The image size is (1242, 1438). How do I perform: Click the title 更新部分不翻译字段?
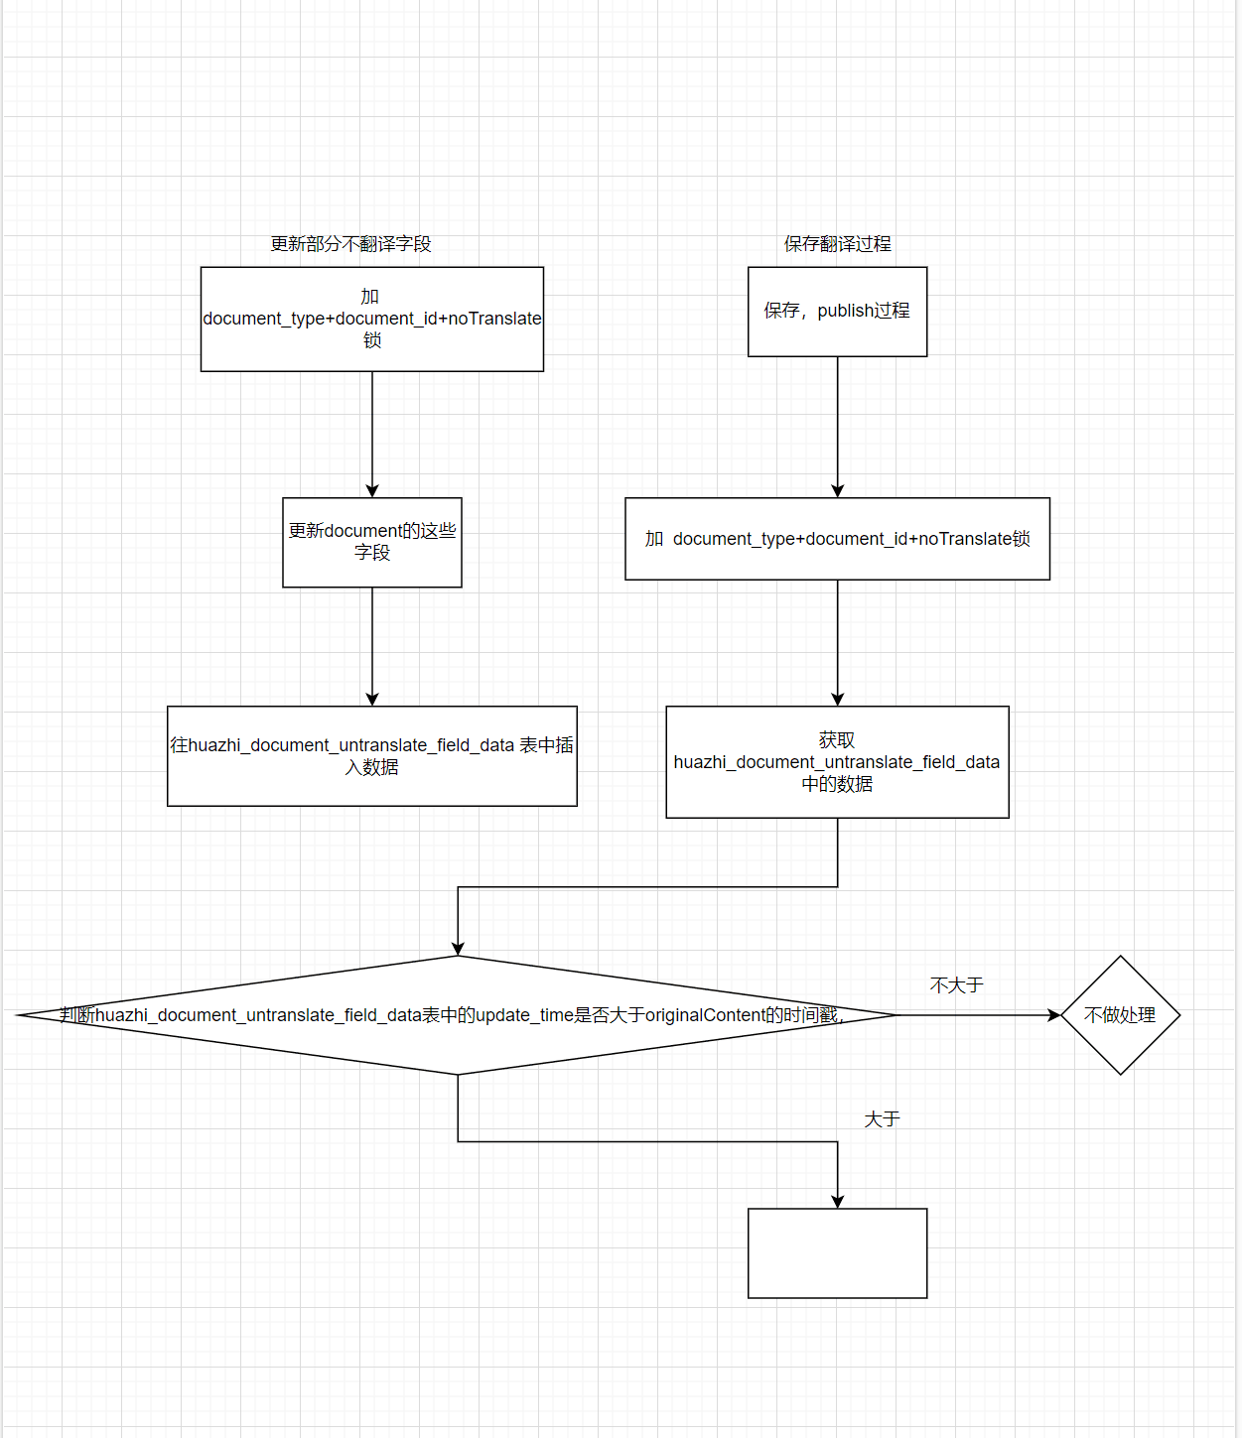click(x=350, y=244)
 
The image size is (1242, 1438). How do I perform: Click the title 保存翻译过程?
click(x=837, y=244)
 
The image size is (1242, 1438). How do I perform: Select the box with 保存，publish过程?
click(x=837, y=312)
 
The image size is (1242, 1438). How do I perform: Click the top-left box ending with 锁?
click(x=371, y=319)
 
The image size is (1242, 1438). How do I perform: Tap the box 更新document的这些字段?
click(x=371, y=542)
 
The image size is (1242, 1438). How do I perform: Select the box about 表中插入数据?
click(x=371, y=756)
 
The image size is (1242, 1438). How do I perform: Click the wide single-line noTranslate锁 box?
click(x=837, y=539)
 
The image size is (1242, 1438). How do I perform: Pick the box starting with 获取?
click(x=837, y=762)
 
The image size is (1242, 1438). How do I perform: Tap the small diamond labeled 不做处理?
click(x=1120, y=1015)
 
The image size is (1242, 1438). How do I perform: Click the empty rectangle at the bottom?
click(x=837, y=1253)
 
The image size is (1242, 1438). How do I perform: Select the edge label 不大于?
click(x=956, y=985)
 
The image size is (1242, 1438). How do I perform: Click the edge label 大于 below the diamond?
click(x=882, y=1119)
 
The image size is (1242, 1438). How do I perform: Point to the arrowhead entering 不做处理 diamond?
click(x=1054, y=1015)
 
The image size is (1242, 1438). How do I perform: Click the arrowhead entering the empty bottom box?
click(x=837, y=1202)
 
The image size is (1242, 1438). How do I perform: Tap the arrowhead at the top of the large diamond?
click(x=458, y=949)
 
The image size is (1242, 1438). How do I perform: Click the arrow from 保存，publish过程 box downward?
click(x=837, y=427)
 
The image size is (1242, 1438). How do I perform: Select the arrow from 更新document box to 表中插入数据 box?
click(x=372, y=646)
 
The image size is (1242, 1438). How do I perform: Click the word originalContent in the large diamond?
click(x=704, y=1015)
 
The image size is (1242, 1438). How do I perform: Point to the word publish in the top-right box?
click(x=845, y=311)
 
